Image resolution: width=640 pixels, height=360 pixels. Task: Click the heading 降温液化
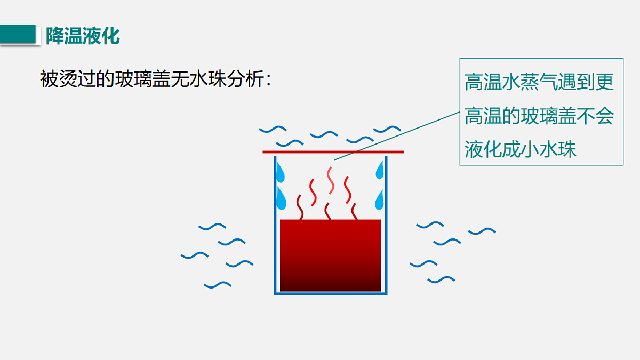83,36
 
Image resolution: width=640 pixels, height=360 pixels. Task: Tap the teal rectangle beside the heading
18,34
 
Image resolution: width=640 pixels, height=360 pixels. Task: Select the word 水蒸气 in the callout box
519,82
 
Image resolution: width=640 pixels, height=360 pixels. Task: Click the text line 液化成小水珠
521,149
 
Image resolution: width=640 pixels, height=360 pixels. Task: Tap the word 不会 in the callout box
595,116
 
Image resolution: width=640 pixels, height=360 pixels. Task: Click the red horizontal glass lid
333,152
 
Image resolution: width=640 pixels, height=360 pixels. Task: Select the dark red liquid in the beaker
330,255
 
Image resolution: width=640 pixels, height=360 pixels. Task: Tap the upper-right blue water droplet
380,171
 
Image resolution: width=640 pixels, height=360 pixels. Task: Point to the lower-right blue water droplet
379,201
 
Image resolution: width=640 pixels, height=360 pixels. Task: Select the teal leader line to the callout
397,136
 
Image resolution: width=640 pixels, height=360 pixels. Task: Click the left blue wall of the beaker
275,225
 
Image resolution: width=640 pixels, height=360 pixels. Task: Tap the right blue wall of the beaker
386,225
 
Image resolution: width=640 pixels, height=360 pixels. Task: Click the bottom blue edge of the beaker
331,293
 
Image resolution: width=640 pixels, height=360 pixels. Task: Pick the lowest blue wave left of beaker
218,285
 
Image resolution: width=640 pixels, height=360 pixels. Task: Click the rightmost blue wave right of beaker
482,231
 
